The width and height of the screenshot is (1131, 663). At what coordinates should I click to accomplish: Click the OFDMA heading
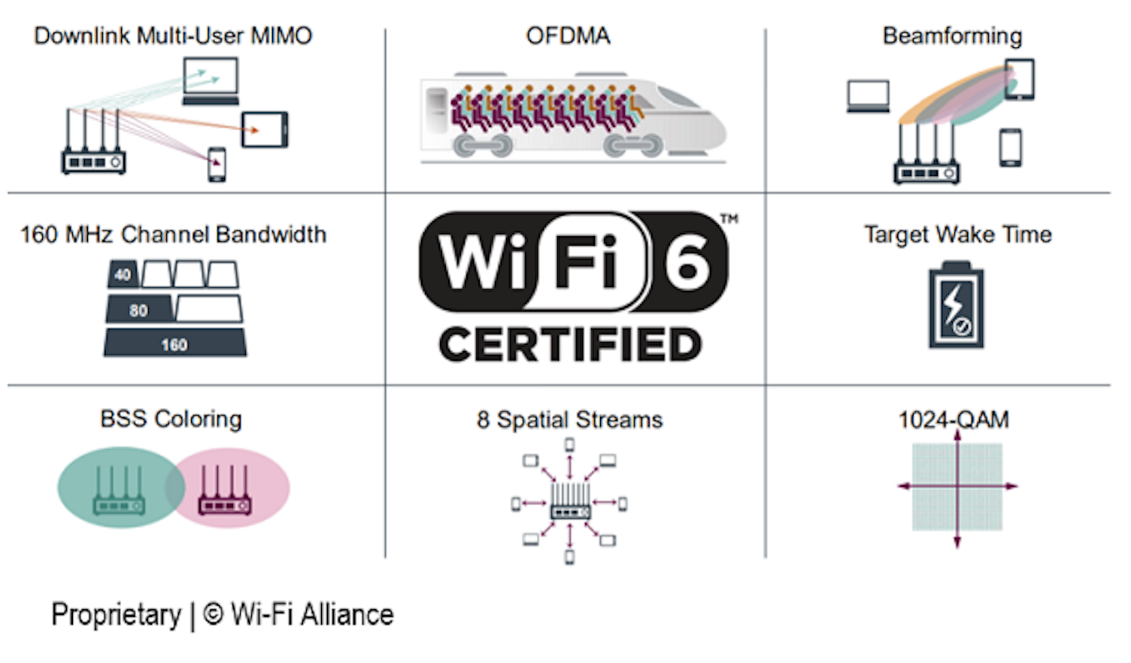568,36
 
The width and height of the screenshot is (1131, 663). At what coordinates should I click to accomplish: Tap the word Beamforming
952,36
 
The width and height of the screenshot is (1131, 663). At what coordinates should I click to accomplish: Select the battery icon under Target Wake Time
956,305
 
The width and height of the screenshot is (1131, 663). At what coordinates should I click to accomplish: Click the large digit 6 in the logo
687,262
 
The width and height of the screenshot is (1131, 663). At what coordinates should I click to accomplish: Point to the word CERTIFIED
571,345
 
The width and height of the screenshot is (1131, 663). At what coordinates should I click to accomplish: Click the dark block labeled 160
174,344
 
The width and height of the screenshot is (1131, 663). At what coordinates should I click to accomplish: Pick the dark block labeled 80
139,309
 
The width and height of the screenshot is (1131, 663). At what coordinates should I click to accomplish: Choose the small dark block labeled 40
123,274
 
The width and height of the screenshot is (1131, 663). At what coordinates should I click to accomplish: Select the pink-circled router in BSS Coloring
224,492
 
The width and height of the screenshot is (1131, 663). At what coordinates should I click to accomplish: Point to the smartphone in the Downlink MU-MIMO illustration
217,164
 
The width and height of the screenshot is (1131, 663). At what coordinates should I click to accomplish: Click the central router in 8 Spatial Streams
570,502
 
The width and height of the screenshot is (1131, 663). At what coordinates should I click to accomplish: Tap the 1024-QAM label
954,419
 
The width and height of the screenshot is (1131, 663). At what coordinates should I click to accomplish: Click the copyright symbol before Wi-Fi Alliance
214,615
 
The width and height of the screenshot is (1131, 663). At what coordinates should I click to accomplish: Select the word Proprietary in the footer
116,615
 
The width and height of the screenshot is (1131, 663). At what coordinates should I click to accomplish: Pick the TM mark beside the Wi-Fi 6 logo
729,219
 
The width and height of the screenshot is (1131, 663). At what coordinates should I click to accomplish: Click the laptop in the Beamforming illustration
868,96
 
